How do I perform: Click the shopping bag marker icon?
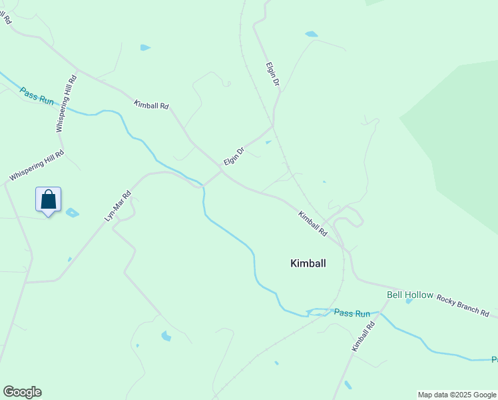[x=48, y=199]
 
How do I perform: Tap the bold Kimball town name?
[x=308, y=263]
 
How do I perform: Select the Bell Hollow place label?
[x=410, y=295]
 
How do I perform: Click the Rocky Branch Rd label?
[x=463, y=305]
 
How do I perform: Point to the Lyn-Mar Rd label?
[x=117, y=206]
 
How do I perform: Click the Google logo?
[x=22, y=392]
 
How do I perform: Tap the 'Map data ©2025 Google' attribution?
[x=456, y=395]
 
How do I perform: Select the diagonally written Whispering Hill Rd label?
[x=36, y=166]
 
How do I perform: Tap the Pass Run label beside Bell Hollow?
[x=352, y=313]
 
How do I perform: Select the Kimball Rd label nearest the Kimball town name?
[x=313, y=224]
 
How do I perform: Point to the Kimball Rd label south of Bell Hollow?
[x=364, y=337]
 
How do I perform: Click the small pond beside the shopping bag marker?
[x=72, y=213]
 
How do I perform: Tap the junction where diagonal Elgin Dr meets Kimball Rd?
[x=222, y=171]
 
